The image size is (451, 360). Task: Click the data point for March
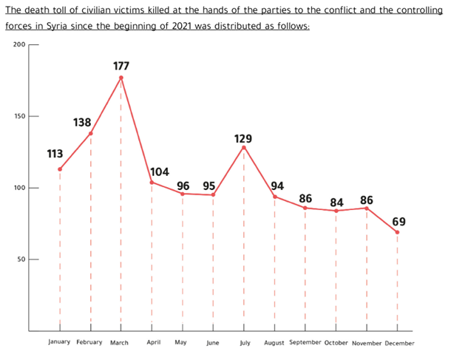121,78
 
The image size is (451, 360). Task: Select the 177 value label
121,66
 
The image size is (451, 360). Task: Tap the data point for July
244,147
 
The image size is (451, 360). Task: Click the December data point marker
398,232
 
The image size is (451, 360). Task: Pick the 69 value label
399,221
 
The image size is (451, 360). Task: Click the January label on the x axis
59,342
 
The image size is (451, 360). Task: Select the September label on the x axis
305,342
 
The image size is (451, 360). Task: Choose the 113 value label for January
55,154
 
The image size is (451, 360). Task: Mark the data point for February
91,133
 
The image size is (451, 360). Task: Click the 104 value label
160,172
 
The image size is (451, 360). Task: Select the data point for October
336,211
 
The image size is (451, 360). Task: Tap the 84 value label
336,201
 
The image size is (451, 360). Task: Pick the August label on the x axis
274,342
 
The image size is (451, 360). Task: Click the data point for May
183,194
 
